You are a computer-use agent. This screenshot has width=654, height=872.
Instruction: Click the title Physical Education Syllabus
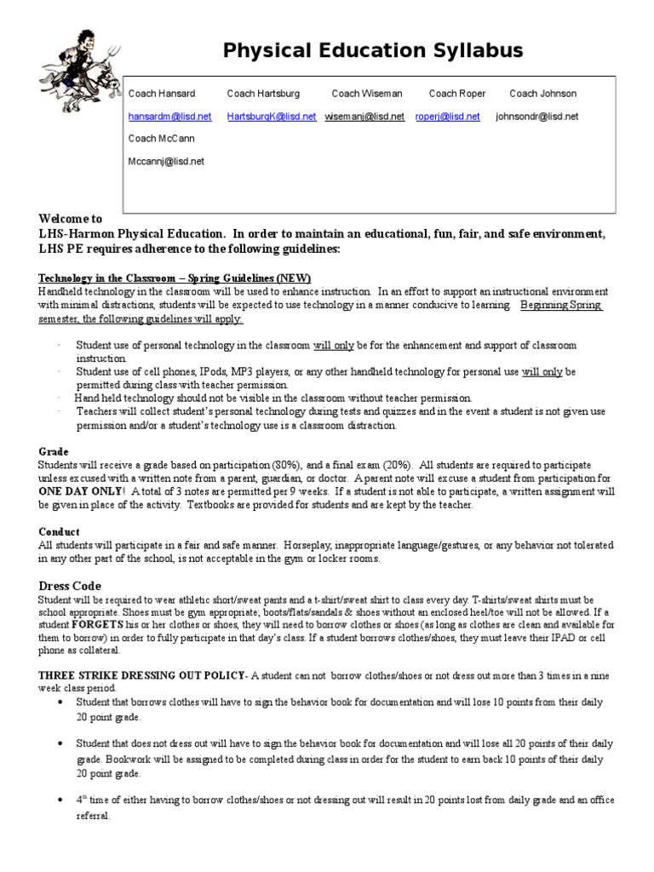[x=373, y=52]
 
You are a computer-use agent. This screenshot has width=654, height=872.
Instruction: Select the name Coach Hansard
[x=161, y=94]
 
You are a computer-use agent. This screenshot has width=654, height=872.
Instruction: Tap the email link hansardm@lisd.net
[x=169, y=117]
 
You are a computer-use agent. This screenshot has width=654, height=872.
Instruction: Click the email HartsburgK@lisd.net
[x=272, y=117]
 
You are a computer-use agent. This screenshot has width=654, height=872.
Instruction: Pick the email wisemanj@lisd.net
[x=364, y=117]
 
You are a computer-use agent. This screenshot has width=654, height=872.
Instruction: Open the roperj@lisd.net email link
[x=447, y=117]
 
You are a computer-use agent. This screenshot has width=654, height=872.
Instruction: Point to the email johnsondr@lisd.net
[x=536, y=117]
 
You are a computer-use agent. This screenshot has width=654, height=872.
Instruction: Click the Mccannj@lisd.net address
[x=166, y=160]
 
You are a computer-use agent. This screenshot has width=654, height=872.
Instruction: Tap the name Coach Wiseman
[x=367, y=94]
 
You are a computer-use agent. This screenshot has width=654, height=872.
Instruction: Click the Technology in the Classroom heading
[x=175, y=278]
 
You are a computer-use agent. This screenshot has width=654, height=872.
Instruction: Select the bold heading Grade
[x=54, y=450]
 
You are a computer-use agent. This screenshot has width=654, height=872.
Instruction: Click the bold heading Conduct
[x=60, y=531]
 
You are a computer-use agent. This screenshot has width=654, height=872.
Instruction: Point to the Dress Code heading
[x=70, y=586]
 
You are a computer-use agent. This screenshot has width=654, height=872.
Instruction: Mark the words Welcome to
[x=71, y=219]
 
